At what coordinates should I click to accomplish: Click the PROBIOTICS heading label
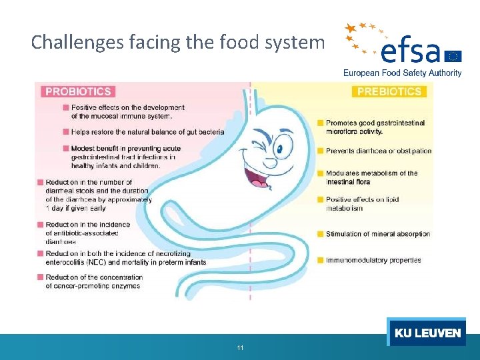coord(79,91)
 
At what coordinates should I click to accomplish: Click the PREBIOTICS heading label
coord(389,91)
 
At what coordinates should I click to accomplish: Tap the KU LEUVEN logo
coord(427,333)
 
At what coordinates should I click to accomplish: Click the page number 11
coord(240,348)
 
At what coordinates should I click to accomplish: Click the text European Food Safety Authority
coord(402,73)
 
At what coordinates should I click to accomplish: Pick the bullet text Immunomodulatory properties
coord(373,260)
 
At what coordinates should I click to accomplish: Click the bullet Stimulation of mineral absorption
coord(377,234)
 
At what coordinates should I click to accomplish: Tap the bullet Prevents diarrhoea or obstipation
coord(379,151)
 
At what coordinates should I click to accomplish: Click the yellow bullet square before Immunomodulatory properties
coord(321,260)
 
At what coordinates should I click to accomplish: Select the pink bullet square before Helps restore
coord(66,132)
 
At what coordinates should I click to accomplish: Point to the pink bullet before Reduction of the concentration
coord(41,277)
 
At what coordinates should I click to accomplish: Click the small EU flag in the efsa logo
coord(454,55)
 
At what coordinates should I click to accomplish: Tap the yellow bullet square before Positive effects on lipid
coord(321,199)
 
